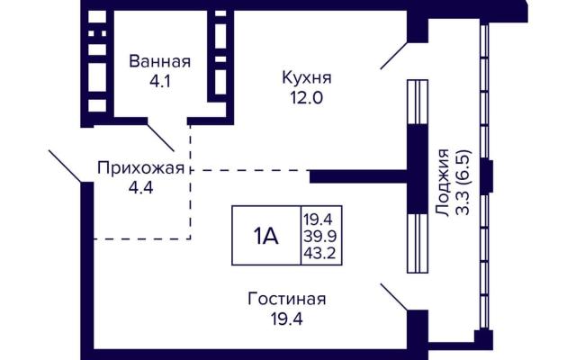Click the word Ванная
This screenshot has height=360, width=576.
(160, 61)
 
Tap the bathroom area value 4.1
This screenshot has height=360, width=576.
(160, 81)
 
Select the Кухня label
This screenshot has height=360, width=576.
(307, 78)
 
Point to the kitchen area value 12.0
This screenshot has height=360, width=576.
(307, 98)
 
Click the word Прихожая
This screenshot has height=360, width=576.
(140, 168)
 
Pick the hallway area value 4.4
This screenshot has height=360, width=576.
(140, 188)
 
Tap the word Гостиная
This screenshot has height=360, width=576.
(287, 299)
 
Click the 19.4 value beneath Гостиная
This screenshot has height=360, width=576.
(287, 319)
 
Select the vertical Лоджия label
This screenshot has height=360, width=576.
(443, 183)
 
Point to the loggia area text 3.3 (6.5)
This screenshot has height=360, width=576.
(463, 183)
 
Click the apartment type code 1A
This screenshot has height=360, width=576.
(265, 236)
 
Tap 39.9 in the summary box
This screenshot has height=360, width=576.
(320, 236)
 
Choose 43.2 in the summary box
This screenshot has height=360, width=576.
(320, 253)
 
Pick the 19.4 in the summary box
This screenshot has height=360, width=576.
(318, 220)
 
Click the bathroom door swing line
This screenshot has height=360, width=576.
(160, 138)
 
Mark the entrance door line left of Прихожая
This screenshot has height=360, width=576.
(66, 166)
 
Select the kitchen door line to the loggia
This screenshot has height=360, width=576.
(394, 56)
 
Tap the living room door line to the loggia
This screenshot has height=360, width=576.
(394, 297)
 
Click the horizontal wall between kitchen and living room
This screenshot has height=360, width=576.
(359, 176)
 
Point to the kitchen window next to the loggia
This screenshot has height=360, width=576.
(418, 102)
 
